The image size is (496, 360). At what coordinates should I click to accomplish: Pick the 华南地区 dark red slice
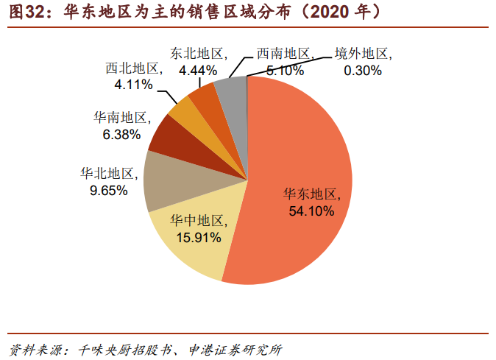pos(169,136)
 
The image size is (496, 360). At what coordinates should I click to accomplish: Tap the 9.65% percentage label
pos(107,190)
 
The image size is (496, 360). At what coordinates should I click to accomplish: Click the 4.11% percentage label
pos(133,85)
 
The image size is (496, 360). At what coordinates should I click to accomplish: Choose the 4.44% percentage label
pos(198,71)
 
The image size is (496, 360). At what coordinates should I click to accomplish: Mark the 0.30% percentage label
pos(363,71)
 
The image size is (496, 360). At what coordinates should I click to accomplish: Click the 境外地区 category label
pos(362,54)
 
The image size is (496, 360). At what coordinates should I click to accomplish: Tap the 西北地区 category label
pos(133,68)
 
